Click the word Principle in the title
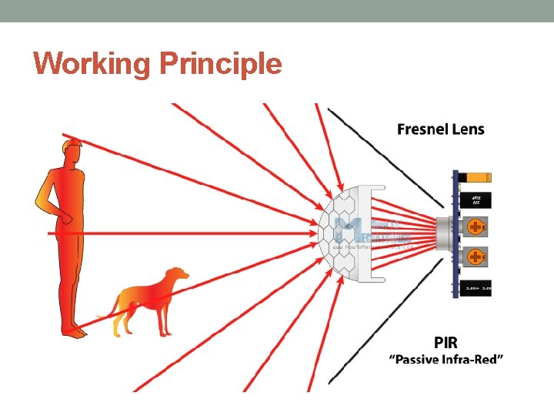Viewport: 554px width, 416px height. click(x=221, y=63)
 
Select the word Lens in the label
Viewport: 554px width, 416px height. click(x=469, y=129)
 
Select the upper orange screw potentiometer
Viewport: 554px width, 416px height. click(x=477, y=227)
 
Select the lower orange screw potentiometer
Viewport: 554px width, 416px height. click(x=477, y=255)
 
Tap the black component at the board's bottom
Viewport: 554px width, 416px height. click(x=477, y=287)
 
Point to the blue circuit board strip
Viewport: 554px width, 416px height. click(x=455, y=231)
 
